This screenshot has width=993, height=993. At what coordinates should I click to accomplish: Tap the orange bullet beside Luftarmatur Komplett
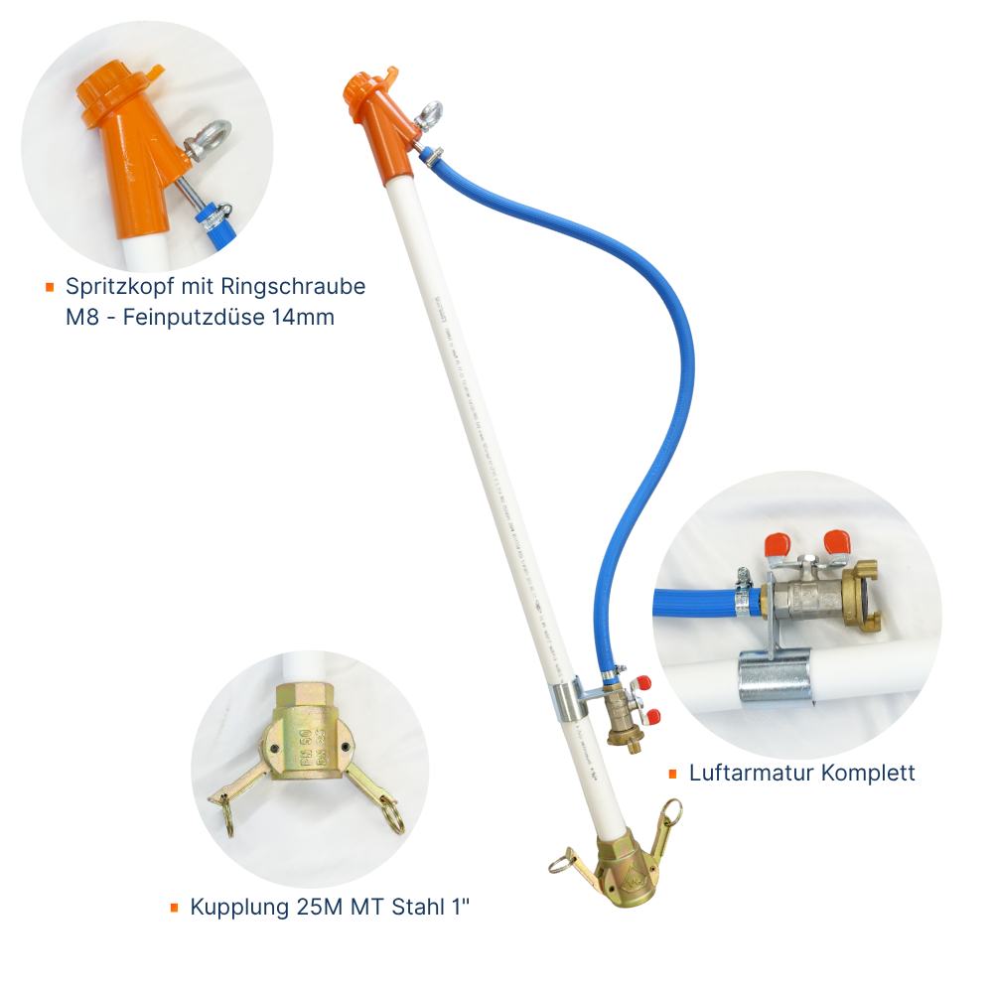[x=672, y=774]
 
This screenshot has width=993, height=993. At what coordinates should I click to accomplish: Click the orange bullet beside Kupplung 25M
[x=174, y=907]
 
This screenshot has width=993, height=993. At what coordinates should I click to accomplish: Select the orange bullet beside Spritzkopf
[x=50, y=288]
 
